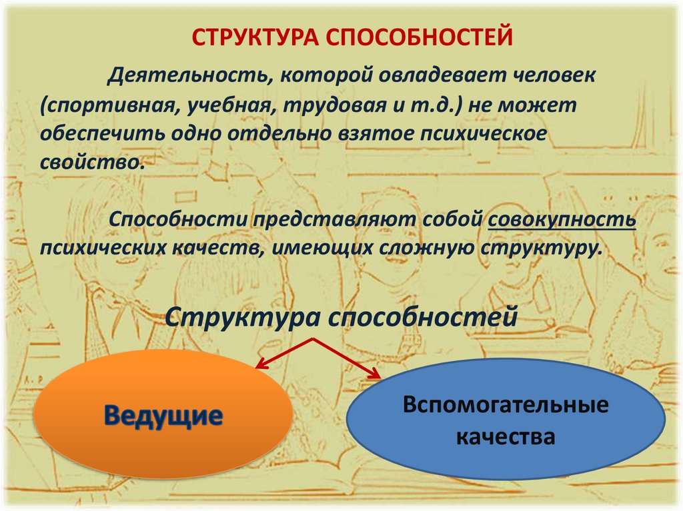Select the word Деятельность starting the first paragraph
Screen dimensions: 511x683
(x=189, y=75)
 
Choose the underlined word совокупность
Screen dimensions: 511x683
(x=562, y=220)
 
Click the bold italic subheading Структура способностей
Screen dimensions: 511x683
(x=341, y=316)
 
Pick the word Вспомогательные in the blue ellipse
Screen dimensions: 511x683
(x=506, y=405)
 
